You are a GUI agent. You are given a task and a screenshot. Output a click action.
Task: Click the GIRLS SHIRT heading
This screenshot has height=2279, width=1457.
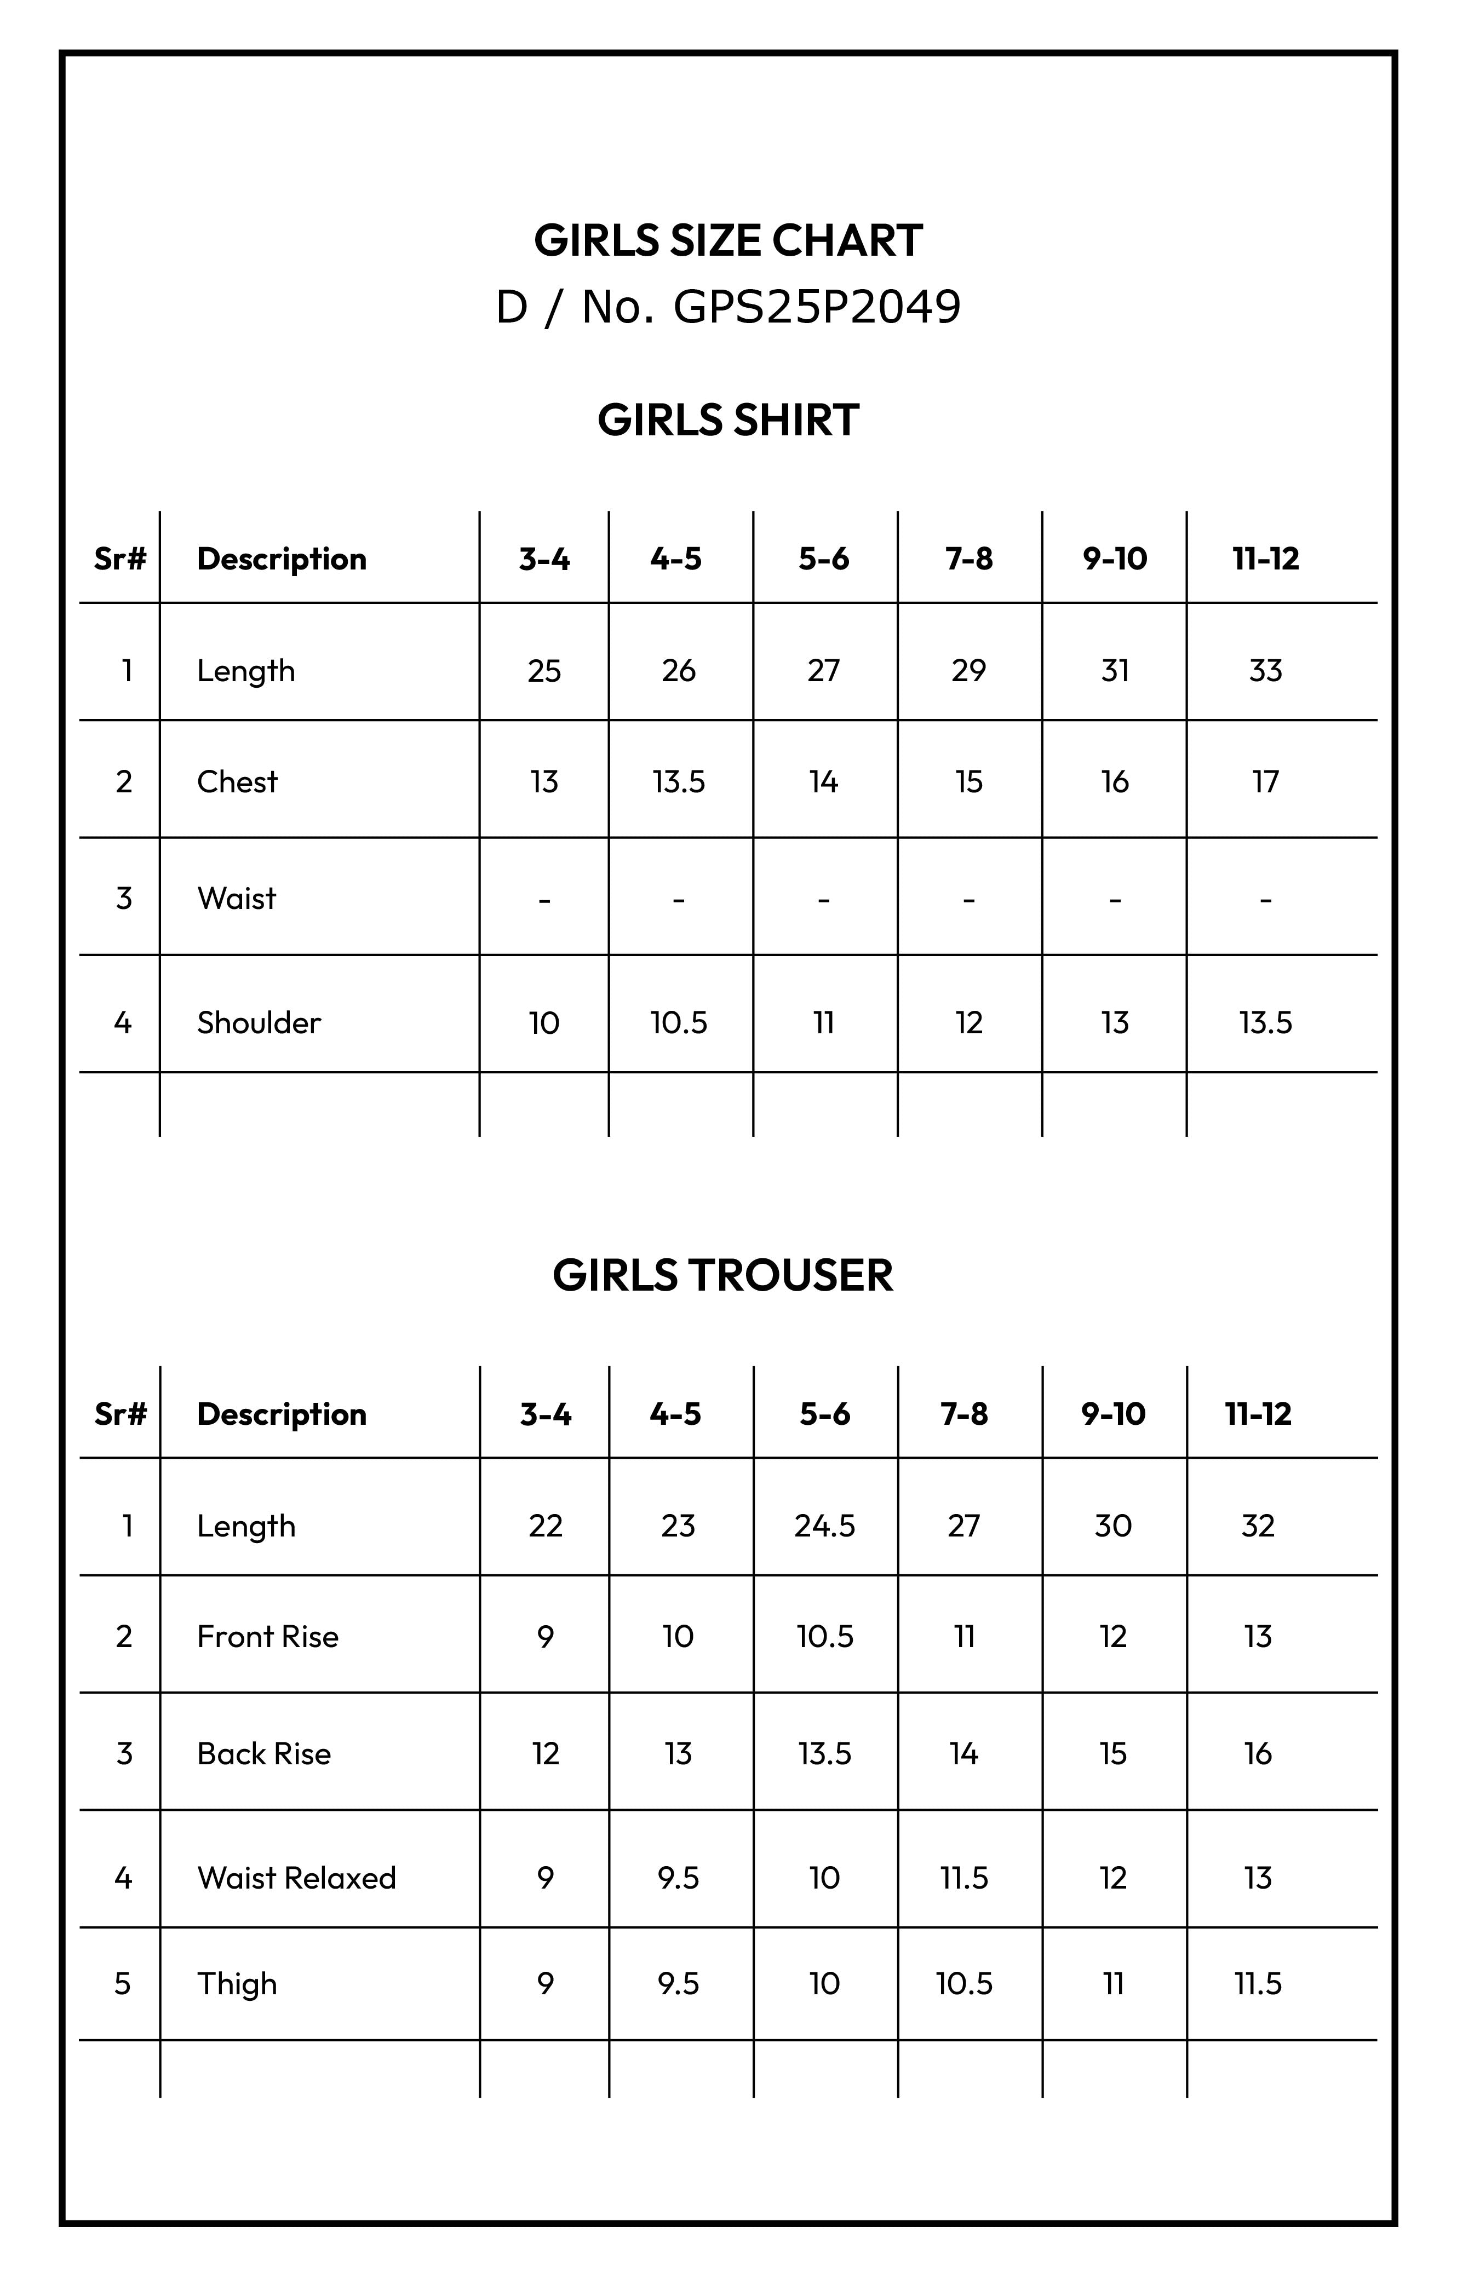pyautogui.click(x=728, y=420)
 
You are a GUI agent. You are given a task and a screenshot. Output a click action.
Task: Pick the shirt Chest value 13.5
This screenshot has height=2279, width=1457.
pyautogui.click(x=679, y=782)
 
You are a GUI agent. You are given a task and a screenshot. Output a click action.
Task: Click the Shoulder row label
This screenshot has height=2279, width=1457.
pyautogui.click(x=259, y=1022)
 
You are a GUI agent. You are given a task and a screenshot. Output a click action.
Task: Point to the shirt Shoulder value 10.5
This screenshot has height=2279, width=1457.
pyautogui.click(x=679, y=1022)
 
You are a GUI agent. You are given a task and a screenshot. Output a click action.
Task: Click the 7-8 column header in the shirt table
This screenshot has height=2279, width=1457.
pyautogui.click(x=968, y=559)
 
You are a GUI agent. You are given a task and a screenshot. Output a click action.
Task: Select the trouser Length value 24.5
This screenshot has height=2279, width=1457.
pyautogui.click(x=824, y=1526)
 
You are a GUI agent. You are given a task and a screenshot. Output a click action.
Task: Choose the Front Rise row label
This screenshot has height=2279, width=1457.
pyautogui.click(x=267, y=1636)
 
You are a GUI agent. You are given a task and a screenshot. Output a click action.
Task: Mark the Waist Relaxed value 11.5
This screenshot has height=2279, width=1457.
pyautogui.click(x=964, y=1878)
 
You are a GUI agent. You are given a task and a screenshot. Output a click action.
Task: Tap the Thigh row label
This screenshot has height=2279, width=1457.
pyautogui.click(x=237, y=1984)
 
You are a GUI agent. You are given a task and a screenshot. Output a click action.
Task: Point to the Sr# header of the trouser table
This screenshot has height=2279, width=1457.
pyautogui.click(x=121, y=1414)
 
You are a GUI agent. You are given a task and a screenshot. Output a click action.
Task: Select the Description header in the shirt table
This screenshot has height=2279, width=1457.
pyautogui.click(x=281, y=559)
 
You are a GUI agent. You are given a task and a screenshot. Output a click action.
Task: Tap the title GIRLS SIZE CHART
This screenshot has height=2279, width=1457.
pyautogui.click(x=728, y=240)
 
